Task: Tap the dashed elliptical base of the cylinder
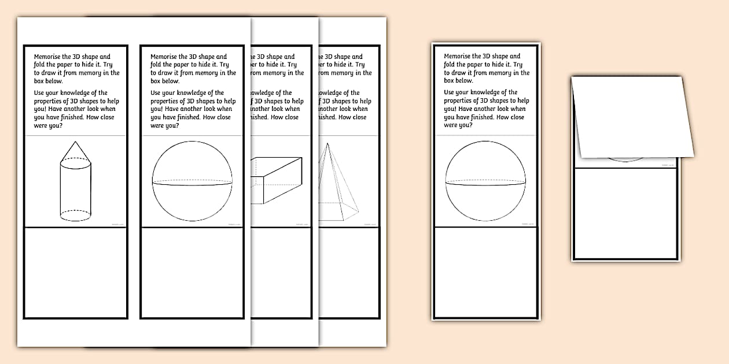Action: (76, 215)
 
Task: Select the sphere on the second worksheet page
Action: (192, 181)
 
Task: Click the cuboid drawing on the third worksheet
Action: (277, 180)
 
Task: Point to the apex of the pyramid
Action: (328, 144)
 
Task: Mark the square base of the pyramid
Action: (339, 210)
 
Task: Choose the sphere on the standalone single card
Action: (485, 181)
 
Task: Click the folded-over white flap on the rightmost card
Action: (631, 116)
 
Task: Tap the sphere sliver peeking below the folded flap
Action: (627, 159)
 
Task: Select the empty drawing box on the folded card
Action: (625, 213)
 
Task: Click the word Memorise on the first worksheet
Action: (49, 57)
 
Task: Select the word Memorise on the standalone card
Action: (459, 57)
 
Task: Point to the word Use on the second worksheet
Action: (156, 93)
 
